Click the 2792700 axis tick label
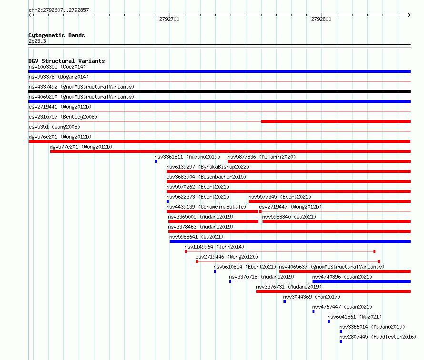tap(169, 19)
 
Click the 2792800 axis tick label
tap(321, 19)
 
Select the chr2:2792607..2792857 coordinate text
tap(59, 10)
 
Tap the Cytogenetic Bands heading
tap(57, 35)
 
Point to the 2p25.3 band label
tap(37, 41)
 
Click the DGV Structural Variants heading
tap(67, 61)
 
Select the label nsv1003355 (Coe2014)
tap(57, 67)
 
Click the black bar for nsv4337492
tap(219, 91)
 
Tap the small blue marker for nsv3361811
tap(156, 161)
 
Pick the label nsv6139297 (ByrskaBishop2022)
tap(208, 167)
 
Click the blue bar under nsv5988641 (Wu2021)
tap(290, 241)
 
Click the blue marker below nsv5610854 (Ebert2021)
tap(215, 271)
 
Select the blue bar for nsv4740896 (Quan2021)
tap(362, 281)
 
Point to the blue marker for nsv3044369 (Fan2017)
tap(285, 301)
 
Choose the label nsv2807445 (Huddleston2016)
tap(378, 337)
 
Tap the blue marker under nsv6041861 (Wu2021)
tap(329, 321)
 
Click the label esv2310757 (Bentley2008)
tap(63, 117)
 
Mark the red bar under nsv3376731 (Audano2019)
tap(333, 291)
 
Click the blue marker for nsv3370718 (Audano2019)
tap(230, 281)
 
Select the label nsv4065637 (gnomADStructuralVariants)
tap(332, 267)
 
